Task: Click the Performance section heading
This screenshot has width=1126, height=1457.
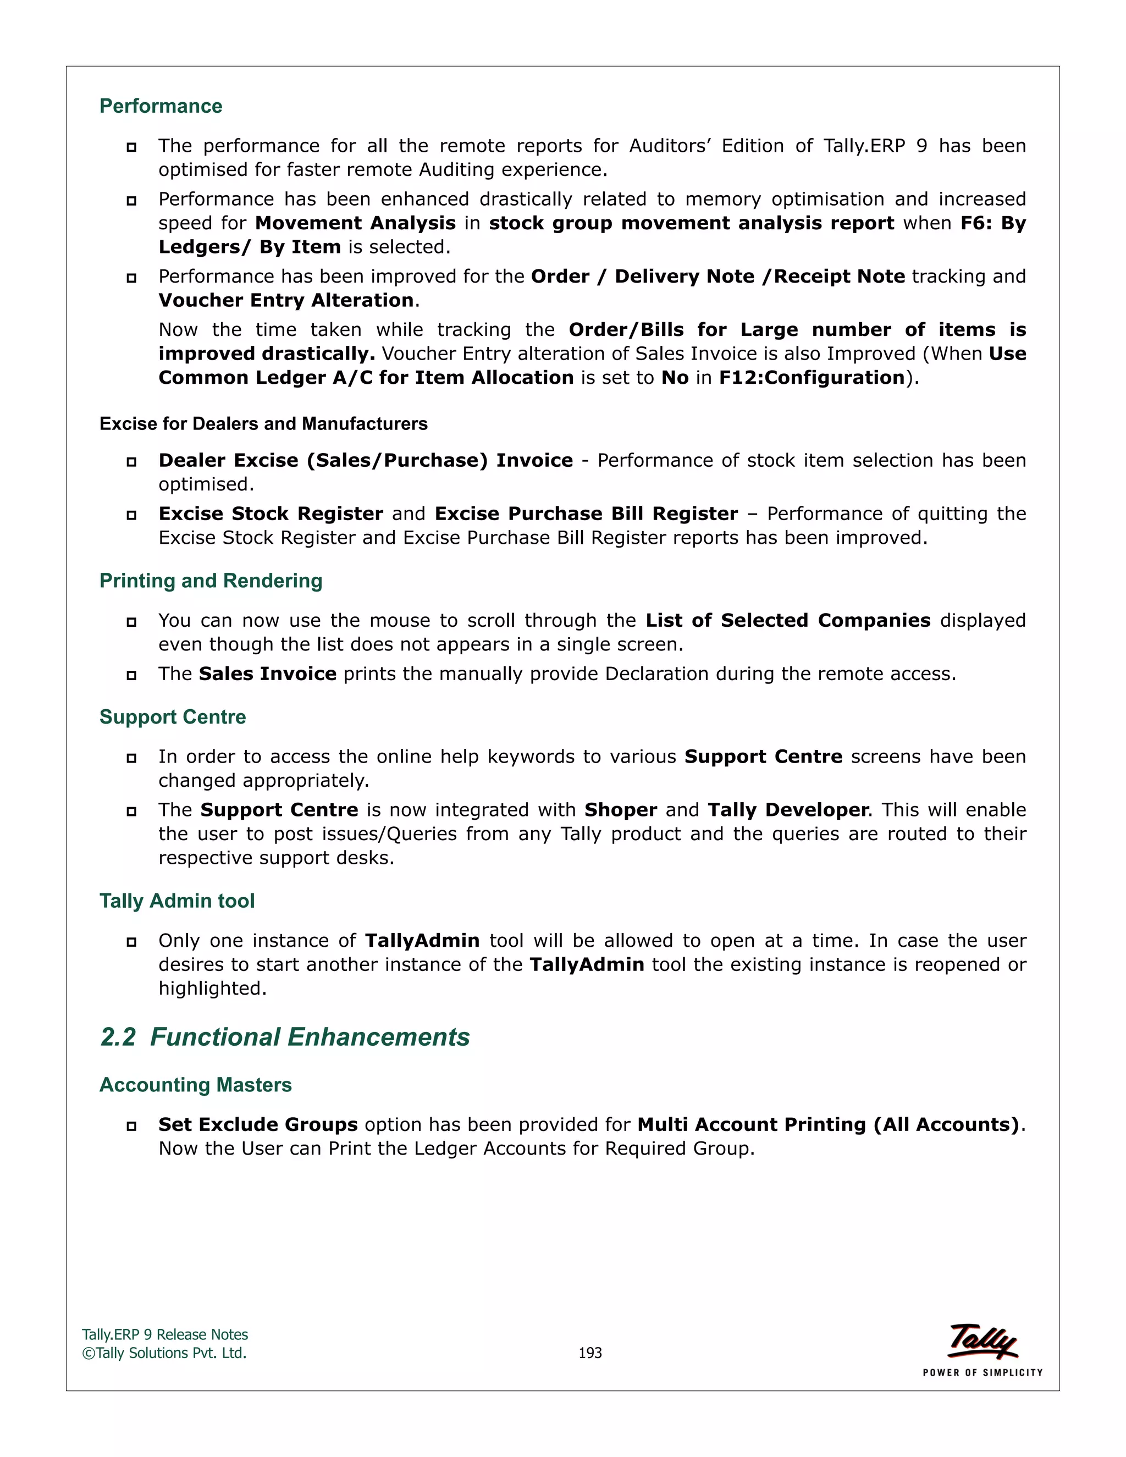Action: click(x=161, y=106)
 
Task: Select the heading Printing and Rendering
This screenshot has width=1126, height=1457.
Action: click(x=211, y=581)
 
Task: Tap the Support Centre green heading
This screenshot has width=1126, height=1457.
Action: click(x=173, y=716)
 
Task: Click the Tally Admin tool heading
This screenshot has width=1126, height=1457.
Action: click(x=177, y=901)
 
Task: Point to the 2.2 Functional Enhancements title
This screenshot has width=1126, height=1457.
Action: click(x=285, y=1037)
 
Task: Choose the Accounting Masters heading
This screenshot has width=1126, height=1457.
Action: click(x=195, y=1085)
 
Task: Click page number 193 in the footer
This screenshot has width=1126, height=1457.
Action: click(x=590, y=1353)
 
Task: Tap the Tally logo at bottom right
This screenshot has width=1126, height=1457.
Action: click(x=983, y=1341)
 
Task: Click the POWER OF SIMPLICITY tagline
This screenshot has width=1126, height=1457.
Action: click(x=983, y=1372)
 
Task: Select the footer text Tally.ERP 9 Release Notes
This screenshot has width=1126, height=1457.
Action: click(x=165, y=1334)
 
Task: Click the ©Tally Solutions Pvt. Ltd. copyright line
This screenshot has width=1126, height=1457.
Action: click(x=164, y=1353)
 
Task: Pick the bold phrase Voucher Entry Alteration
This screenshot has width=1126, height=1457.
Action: click(x=286, y=300)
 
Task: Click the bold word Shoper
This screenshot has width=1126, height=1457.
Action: click(x=620, y=810)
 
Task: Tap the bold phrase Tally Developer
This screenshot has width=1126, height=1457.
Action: click(x=788, y=810)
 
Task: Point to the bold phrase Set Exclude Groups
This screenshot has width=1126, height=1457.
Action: click(x=258, y=1125)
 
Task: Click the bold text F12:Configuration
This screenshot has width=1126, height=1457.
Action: click(x=811, y=378)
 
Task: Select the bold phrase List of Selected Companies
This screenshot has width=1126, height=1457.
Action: click(x=788, y=620)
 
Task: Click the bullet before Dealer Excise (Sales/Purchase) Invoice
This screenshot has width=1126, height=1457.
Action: click(x=131, y=462)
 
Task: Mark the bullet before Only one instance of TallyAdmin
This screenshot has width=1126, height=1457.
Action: click(x=131, y=942)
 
